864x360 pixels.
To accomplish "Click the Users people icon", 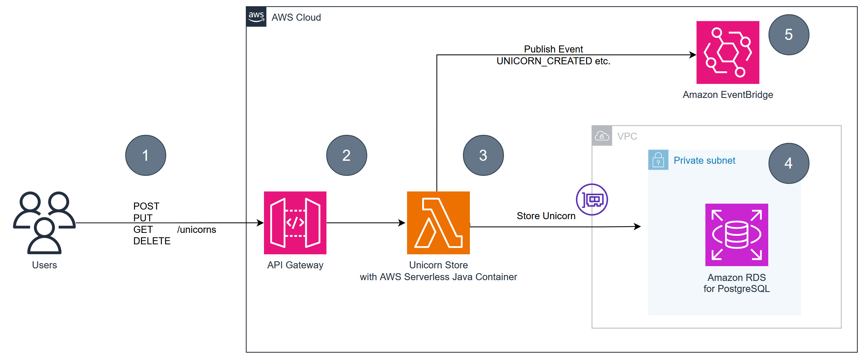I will coord(44,223).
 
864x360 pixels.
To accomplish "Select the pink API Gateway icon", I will coord(295,223).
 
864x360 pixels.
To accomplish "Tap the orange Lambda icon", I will coord(438,223).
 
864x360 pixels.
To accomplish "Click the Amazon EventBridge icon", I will coord(728,52).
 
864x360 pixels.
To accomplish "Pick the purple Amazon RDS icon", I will coord(736,235).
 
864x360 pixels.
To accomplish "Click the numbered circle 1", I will coord(146,155).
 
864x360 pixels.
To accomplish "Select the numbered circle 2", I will coord(346,155).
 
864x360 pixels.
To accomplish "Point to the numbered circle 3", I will coord(483,155).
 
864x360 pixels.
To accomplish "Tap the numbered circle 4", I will coord(789,163).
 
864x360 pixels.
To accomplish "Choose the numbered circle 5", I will coord(789,35).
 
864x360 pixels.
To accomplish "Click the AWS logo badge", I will coord(256,17).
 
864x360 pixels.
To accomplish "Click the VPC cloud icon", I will coord(602,136).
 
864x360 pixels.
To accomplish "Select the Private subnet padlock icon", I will coord(658,160).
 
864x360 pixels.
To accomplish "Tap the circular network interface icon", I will coord(592,200).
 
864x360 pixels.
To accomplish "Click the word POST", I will coord(146,206).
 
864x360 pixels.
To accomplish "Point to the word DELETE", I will coord(152,241).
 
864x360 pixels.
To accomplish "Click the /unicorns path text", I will coord(196,230).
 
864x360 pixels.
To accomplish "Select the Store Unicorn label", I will coord(546,216).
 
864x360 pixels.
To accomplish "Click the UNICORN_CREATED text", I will coord(544,61).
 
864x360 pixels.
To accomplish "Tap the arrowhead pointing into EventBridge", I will coord(693,55).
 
